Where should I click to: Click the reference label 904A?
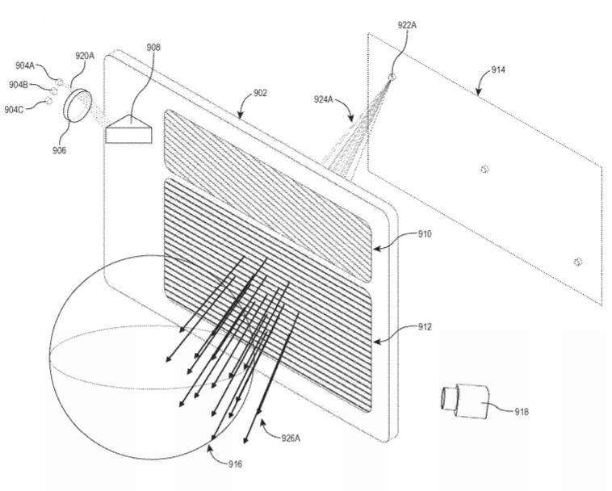(24, 65)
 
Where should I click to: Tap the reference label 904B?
(19, 84)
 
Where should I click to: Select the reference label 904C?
(14, 110)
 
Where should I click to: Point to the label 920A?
(85, 56)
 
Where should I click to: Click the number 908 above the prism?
(153, 47)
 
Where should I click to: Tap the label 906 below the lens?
(59, 150)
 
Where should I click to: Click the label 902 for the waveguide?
(260, 93)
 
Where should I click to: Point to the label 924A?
(324, 100)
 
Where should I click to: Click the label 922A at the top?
(407, 25)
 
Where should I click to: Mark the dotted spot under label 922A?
(392, 77)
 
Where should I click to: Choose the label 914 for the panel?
(498, 70)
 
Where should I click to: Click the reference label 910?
(425, 234)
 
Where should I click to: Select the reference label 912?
(425, 327)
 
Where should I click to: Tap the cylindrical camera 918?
(465, 401)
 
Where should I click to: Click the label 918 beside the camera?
(522, 411)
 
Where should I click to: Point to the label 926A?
(291, 438)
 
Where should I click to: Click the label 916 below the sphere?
(236, 464)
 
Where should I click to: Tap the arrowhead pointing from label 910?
(376, 248)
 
